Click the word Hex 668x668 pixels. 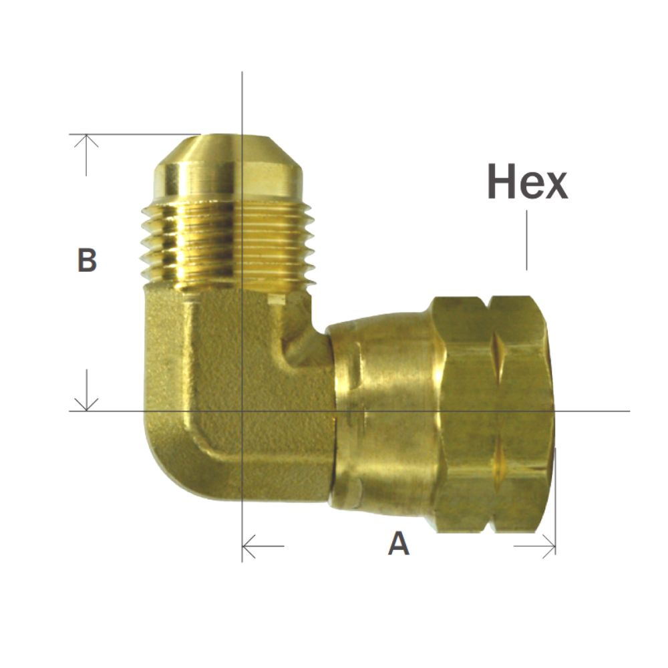pos(527,182)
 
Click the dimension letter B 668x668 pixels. pos(87,261)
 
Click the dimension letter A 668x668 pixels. pos(399,544)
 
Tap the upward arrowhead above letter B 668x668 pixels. pos(86,140)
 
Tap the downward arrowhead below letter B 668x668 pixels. pos(86,404)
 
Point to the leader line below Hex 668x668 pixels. pos(526,240)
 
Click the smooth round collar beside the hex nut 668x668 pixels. pos(381,414)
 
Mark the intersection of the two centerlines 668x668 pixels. pos(242,410)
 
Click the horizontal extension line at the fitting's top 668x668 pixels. pos(134,134)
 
